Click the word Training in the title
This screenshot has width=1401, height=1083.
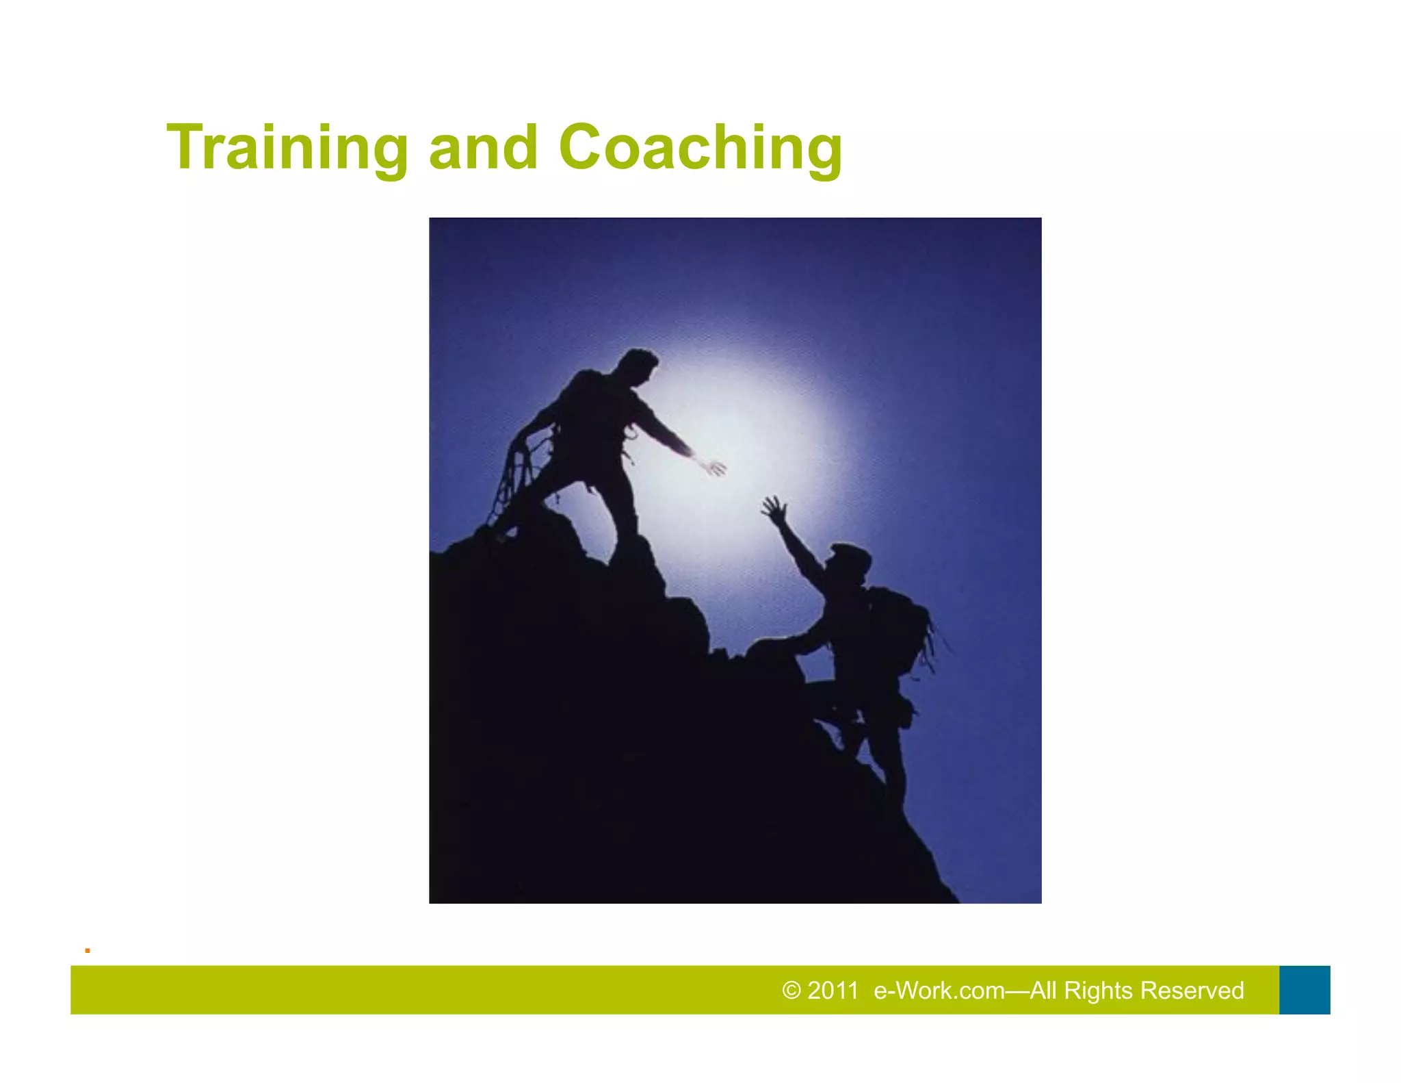(x=287, y=147)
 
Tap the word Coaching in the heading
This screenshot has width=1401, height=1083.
(x=700, y=147)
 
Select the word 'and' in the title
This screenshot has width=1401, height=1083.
(x=483, y=147)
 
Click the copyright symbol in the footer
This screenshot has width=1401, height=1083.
(x=791, y=991)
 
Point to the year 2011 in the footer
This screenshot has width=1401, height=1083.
(x=833, y=991)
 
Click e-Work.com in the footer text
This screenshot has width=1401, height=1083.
(x=939, y=991)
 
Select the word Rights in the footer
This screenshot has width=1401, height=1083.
(x=1099, y=991)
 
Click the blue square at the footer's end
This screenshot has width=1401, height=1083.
(x=1305, y=990)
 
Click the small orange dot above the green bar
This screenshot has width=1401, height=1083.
(x=88, y=951)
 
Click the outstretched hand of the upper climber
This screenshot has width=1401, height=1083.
(x=712, y=467)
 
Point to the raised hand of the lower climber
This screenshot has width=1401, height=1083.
(x=774, y=509)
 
